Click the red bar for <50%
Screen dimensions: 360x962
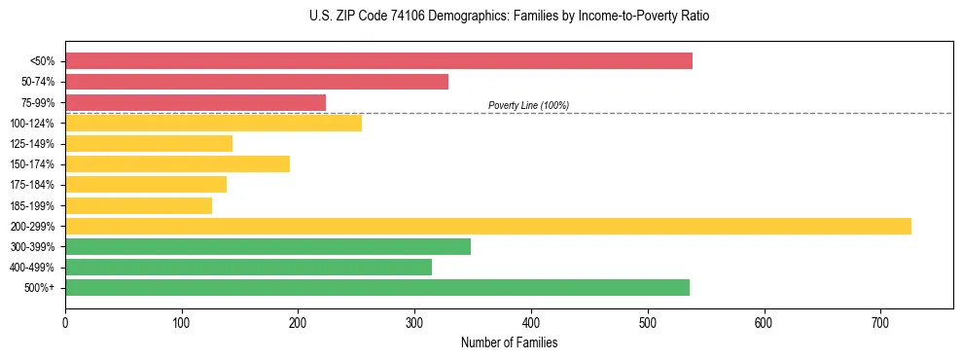click(x=378, y=61)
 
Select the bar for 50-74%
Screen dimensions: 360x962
click(x=257, y=82)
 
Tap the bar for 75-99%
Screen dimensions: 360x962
click(x=196, y=102)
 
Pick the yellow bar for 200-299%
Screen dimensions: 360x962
click(x=488, y=226)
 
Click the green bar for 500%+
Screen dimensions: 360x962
click(x=377, y=287)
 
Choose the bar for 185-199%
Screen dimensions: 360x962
click(x=139, y=205)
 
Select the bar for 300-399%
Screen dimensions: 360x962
click(x=267, y=246)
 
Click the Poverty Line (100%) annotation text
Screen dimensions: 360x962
click(x=528, y=105)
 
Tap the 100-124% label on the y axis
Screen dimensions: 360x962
click(x=32, y=124)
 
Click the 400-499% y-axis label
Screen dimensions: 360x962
click(x=32, y=268)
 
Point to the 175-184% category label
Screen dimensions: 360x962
click(x=32, y=185)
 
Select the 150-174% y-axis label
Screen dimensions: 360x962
click(x=32, y=164)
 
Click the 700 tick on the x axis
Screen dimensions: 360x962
click(x=879, y=320)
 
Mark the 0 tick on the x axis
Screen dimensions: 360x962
click(x=65, y=320)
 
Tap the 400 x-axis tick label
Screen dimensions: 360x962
click(x=531, y=320)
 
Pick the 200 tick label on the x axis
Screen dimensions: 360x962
click(x=298, y=320)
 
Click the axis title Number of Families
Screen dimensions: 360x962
click(x=509, y=342)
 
